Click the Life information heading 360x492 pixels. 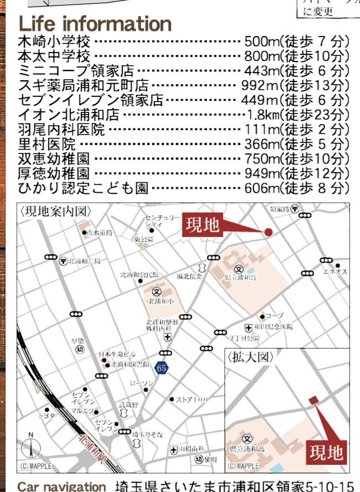tap(95, 24)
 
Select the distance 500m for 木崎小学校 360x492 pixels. tap(261, 42)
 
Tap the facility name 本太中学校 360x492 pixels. tap(54, 56)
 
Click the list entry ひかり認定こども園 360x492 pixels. tap(83, 188)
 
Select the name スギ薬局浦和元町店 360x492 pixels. tap(84, 85)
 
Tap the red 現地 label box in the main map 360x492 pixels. tap(203, 225)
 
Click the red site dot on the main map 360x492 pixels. tap(269, 233)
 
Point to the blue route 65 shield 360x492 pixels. tap(161, 367)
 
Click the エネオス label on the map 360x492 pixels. tap(335, 271)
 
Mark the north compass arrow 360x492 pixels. tap(31, 447)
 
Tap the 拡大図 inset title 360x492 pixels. tap(250, 357)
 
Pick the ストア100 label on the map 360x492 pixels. tap(191, 399)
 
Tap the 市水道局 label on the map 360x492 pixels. tap(100, 233)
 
